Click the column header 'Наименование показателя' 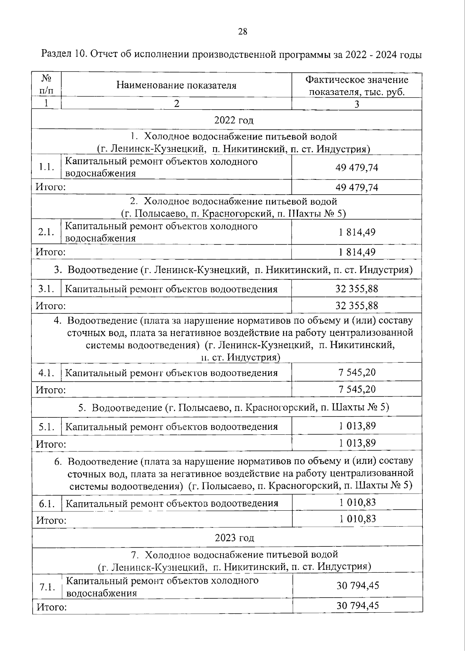(x=176, y=85)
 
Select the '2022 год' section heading (x=234, y=120)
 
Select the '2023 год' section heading (x=234, y=538)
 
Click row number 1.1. (x=46, y=167)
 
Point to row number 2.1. (x=46, y=232)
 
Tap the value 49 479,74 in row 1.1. (x=356, y=167)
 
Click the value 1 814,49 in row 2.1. (x=356, y=232)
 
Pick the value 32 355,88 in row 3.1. (x=356, y=289)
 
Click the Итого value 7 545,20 (x=356, y=389)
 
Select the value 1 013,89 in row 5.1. (x=357, y=426)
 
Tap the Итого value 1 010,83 (x=357, y=518)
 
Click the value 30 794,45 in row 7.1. (x=357, y=585)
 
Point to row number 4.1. (x=46, y=373)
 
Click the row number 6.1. (x=46, y=504)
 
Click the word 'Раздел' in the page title (x=55, y=55)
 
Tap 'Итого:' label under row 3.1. (x=50, y=306)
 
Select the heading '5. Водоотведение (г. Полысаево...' (x=234, y=407)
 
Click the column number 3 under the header (x=356, y=104)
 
